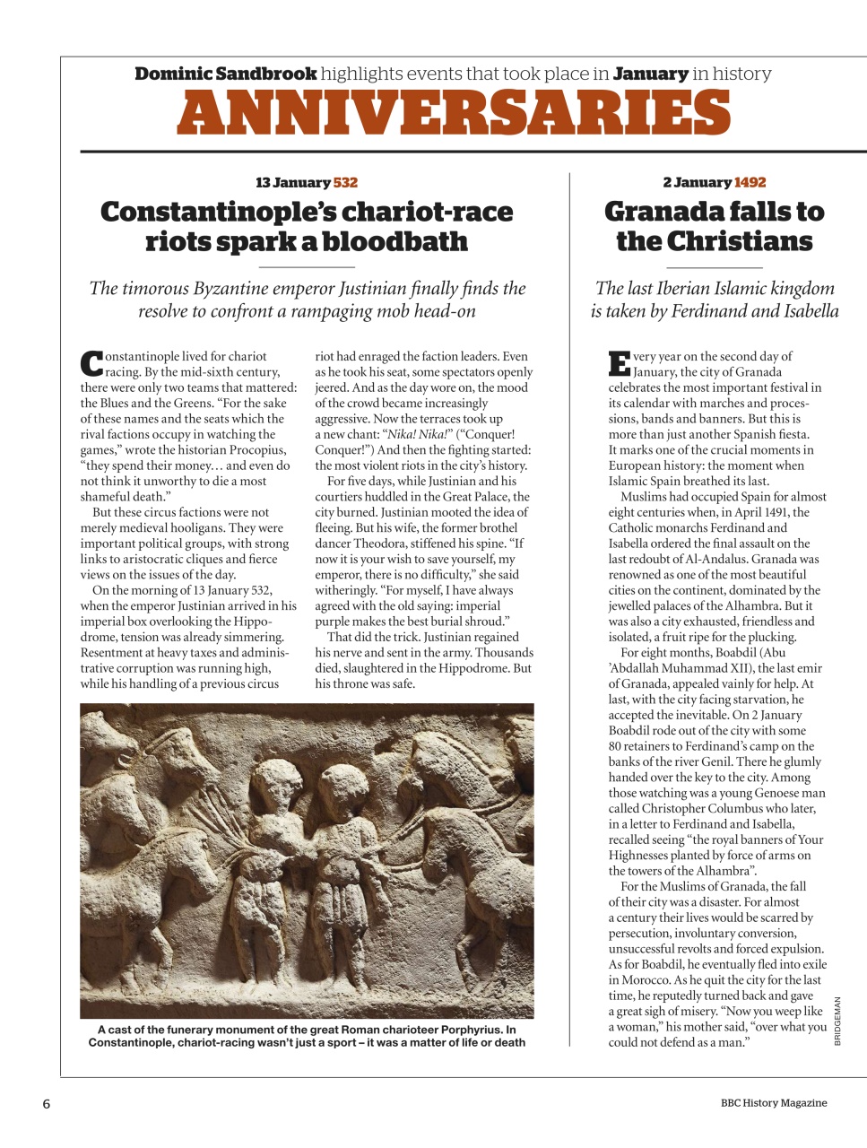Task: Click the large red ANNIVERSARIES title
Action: pyautogui.click(x=454, y=114)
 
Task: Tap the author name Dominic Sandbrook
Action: pyautogui.click(x=225, y=74)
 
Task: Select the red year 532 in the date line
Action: pyautogui.click(x=345, y=182)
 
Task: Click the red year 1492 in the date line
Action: pyautogui.click(x=750, y=182)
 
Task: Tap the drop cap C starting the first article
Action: pyautogui.click(x=91, y=363)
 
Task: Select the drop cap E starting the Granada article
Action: pyautogui.click(x=619, y=363)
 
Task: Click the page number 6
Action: pyautogui.click(x=47, y=1104)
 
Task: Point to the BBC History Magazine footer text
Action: pyautogui.click(x=773, y=1103)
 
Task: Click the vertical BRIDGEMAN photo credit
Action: pyautogui.click(x=837, y=1021)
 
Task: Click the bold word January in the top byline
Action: pyautogui.click(x=650, y=74)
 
